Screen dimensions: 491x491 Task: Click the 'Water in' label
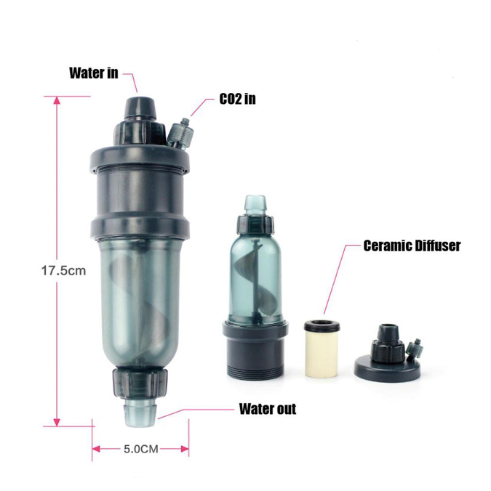pos(93,73)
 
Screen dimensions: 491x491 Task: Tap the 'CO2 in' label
pos(237,99)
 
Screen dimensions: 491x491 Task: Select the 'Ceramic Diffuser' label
pos(412,245)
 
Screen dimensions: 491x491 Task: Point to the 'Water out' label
pos(268,409)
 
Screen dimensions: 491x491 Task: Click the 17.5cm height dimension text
pos(64,270)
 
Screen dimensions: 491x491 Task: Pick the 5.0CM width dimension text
pos(141,449)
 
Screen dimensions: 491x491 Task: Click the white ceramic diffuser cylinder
pos(322,353)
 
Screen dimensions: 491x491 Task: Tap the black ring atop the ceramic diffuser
pos(322,325)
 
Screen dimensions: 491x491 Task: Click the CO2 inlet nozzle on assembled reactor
pos(180,132)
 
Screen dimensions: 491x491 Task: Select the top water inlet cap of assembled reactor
pos(140,108)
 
